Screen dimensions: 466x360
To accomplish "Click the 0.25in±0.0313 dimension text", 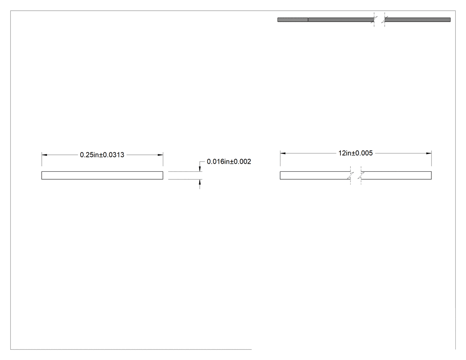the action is click(x=102, y=155).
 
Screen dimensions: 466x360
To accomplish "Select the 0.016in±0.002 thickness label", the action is click(x=229, y=162).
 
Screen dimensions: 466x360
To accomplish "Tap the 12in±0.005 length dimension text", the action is click(x=355, y=153).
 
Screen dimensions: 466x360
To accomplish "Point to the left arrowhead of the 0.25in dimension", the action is click(x=44, y=155).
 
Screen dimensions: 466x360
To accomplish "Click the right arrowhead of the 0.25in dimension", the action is click(x=160, y=155).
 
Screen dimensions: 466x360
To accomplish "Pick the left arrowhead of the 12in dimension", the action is click(x=283, y=154).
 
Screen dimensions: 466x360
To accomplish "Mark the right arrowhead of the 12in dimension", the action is click(x=429, y=154).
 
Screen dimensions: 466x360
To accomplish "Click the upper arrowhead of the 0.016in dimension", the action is click(x=200, y=169).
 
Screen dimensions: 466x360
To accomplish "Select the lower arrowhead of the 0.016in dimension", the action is click(x=200, y=182).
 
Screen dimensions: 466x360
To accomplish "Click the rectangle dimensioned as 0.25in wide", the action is click(x=102, y=175).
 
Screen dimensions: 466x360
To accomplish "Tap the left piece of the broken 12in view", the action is click(x=315, y=175).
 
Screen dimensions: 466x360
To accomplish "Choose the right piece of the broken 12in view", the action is click(x=396, y=175).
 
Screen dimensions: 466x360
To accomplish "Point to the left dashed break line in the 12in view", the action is click(x=351, y=175).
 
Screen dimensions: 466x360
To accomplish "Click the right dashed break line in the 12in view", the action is click(x=361, y=175).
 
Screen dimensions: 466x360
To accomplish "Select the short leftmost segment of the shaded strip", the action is click(x=293, y=20).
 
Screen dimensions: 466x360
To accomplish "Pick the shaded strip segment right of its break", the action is click(x=418, y=20).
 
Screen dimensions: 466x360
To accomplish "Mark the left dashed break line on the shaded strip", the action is click(x=374, y=20).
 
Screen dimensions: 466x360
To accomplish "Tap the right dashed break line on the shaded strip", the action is click(x=385, y=20).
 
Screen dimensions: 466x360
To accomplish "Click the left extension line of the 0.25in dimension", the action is click(x=42, y=159).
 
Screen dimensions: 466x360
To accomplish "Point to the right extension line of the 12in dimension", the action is click(x=431, y=158).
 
